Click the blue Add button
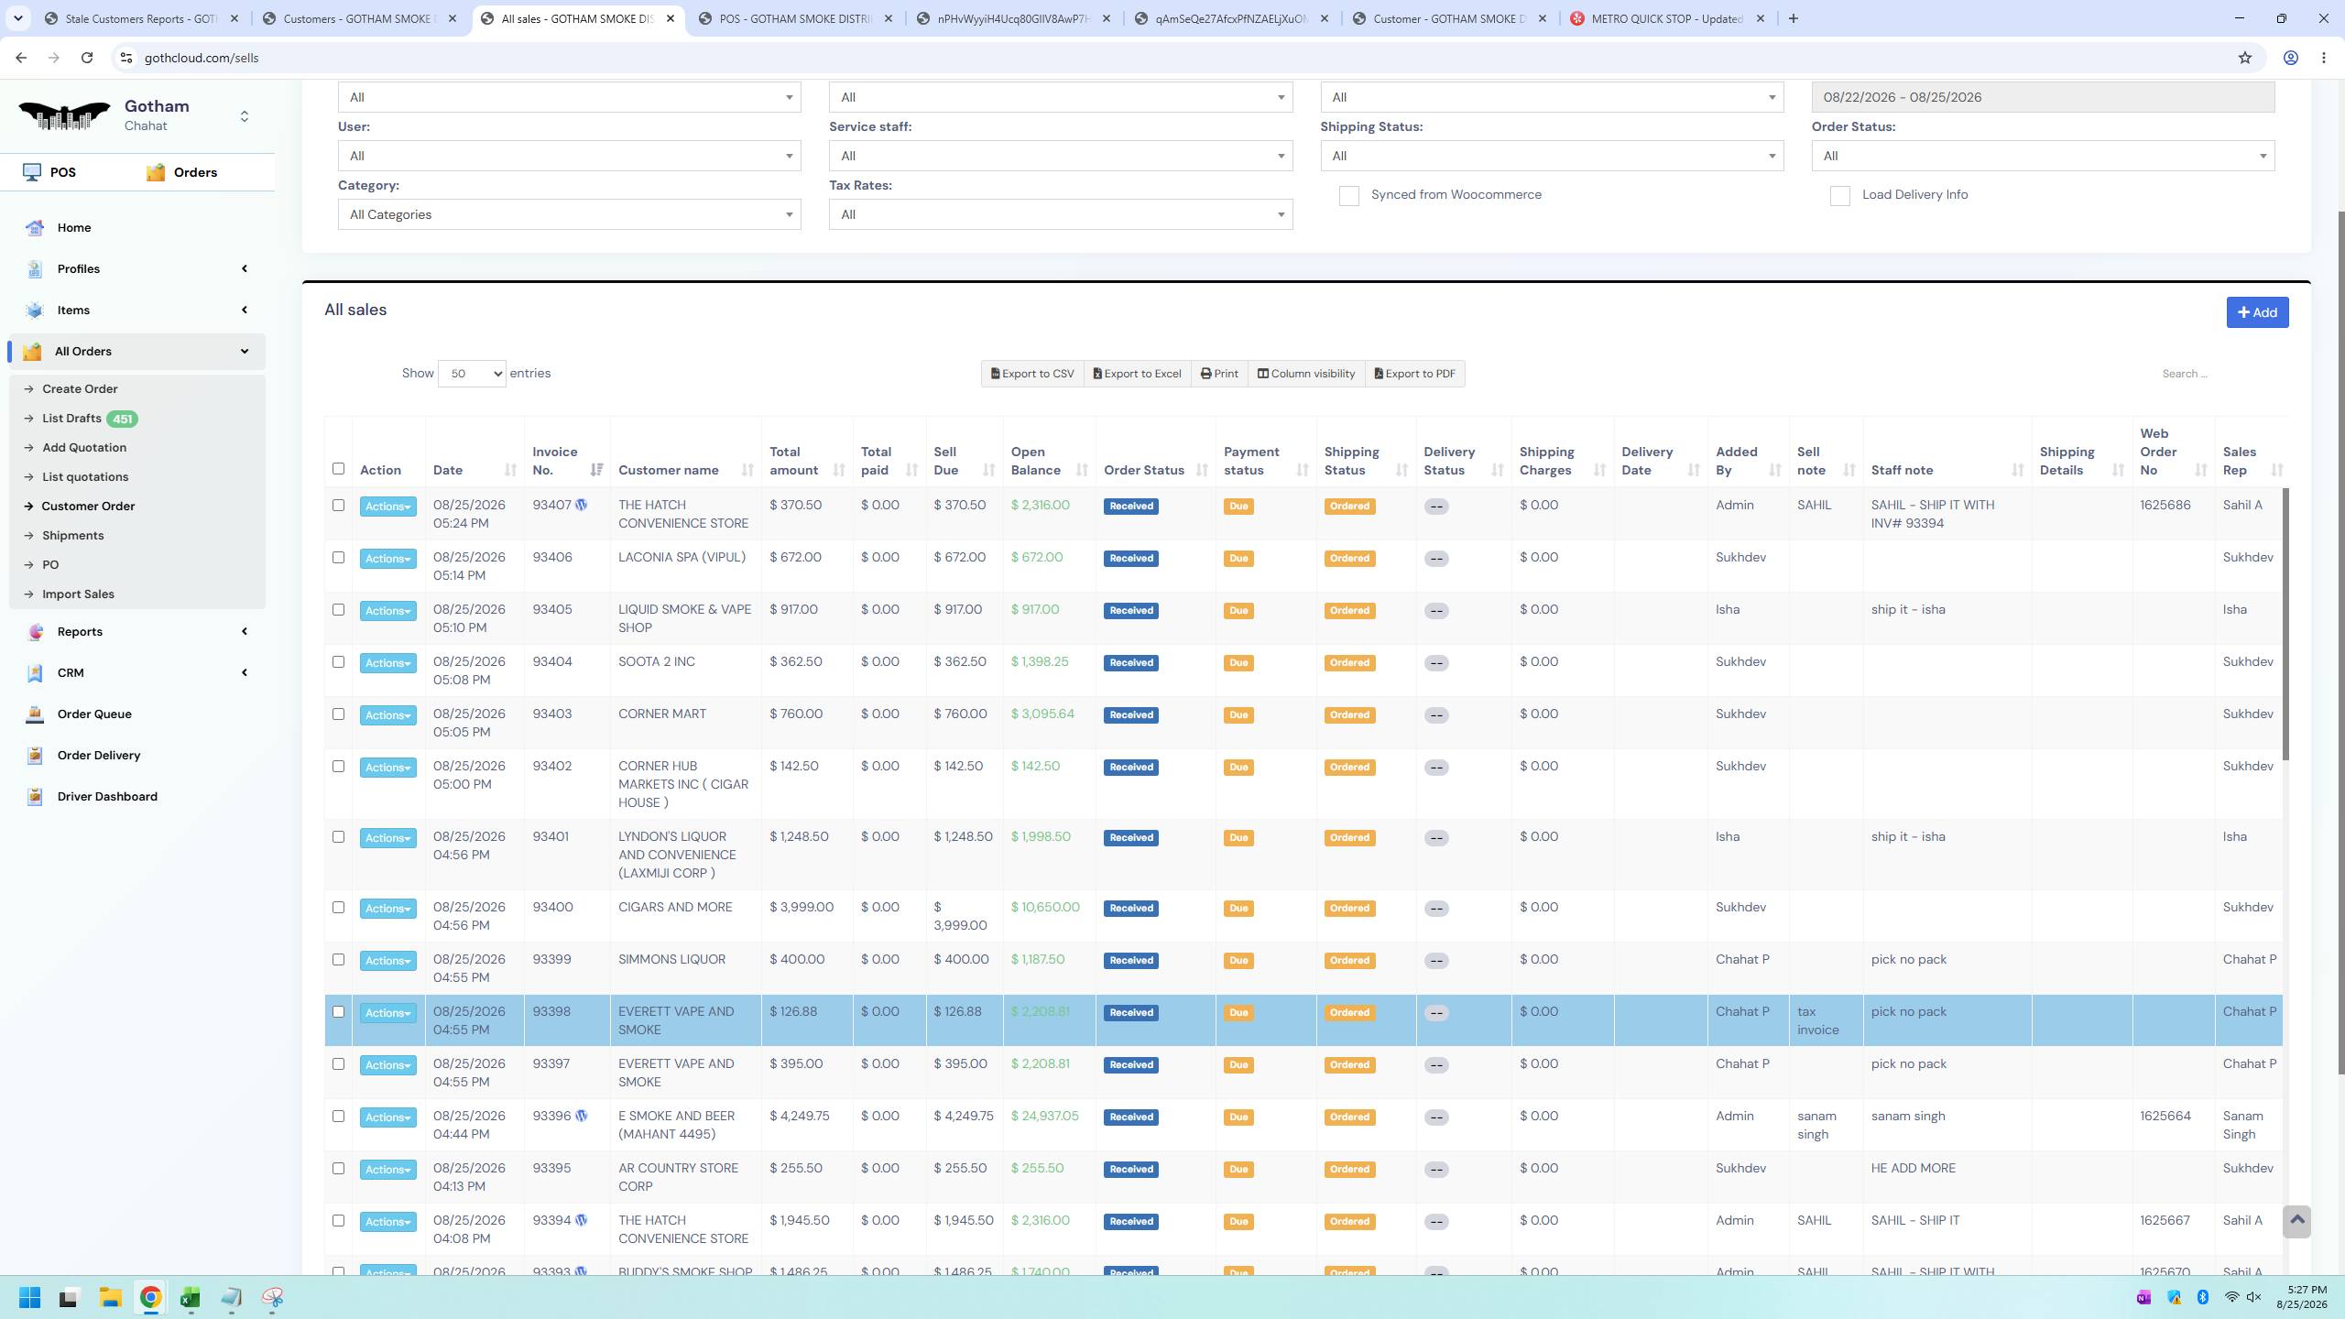click(x=2257, y=312)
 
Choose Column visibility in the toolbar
click(x=1306, y=374)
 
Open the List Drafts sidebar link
click(x=71, y=419)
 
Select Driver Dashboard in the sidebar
click(x=107, y=797)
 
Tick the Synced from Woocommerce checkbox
click(x=1349, y=196)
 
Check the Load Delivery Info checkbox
click(x=1840, y=196)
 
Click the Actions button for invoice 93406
click(x=387, y=559)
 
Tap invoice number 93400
click(x=552, y=908)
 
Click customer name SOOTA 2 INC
click(x=657, y=662)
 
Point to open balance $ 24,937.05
click(x=1045, y=1117)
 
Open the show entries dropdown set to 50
click(x=472, y=374)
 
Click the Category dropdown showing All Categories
click(x=569, y=215)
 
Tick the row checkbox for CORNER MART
click(x=338, y=714)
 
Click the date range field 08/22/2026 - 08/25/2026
click(x=2043, y=97)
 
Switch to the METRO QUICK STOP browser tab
click(x=1666, y=18)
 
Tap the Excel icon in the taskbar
click(x=190, y=1298)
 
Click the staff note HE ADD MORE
click(x=1914, y=1169)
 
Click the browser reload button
click(x=87, y=58)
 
